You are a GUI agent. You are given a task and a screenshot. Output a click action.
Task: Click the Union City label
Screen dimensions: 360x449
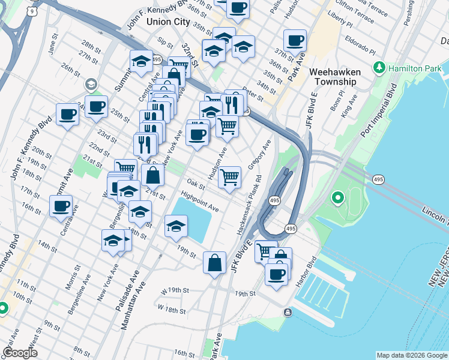[x=167, y=21]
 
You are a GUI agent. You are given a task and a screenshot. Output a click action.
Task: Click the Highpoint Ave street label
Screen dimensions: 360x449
[x=199, y=201]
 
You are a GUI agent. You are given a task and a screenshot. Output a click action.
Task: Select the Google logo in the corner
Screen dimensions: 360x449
[x=20, y=353]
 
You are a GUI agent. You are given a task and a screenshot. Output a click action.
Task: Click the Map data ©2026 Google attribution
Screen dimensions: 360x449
[x=412, y=355]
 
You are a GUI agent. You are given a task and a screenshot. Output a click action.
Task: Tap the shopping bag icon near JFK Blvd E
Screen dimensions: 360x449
[x=214, y=262]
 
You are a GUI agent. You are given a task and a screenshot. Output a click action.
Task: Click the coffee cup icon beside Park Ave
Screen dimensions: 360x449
[x=295, y=41]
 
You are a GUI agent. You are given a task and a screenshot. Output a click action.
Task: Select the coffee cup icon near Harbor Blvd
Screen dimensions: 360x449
[x=276, y=274]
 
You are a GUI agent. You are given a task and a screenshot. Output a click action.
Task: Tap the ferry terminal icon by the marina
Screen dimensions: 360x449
[x=288, y=312]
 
